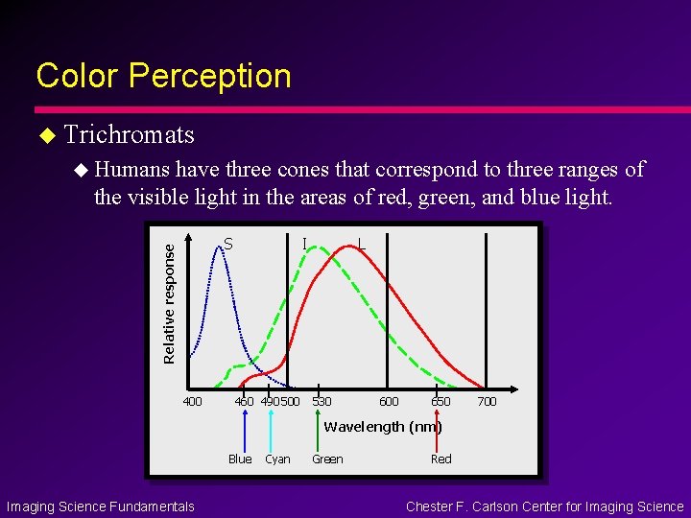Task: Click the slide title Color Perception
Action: click(163, 76)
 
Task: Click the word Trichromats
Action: click(130, 134)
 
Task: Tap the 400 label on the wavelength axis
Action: click(192, 401)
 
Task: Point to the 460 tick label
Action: click(245, 401)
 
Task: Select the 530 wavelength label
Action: click(322, 401)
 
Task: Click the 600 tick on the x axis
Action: click(389, 401)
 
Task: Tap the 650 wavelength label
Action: click(441, 401)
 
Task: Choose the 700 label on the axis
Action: click(487, 401)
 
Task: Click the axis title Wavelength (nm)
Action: click(383, 427)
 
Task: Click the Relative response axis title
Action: click(170, 302)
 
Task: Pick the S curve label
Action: click(227, 244)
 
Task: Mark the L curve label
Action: click(360, 244)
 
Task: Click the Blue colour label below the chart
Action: click(240, 459)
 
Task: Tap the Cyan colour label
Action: click(277, 459)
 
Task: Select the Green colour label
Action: click(327, 459)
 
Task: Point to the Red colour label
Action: click(441, 459)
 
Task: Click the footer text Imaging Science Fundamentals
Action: click(101, 506)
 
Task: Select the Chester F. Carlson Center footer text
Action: click(544, 506)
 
